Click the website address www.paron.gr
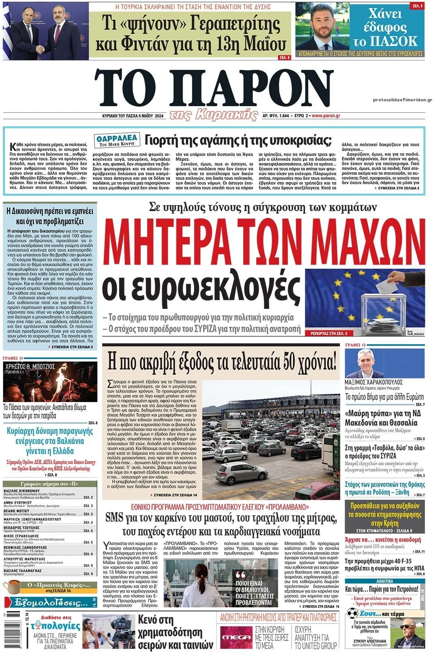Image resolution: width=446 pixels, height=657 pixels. [x=326, y=116]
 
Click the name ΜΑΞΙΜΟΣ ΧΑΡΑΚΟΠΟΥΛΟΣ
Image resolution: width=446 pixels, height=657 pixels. [x=373, y=382]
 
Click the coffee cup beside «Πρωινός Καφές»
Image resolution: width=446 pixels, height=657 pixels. [x=13, y=586]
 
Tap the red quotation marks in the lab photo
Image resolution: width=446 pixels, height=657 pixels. [x=240, y=575]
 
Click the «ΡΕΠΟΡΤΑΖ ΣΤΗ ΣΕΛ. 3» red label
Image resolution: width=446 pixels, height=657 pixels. [x=326, y=333]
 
